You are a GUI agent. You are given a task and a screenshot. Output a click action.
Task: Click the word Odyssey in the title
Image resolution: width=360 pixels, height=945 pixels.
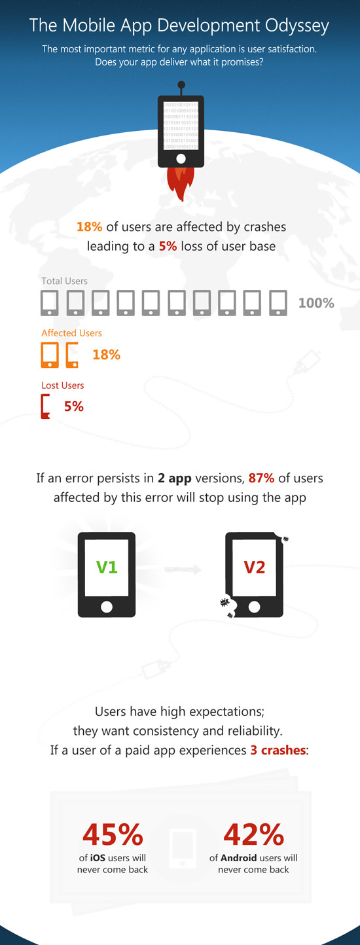297,26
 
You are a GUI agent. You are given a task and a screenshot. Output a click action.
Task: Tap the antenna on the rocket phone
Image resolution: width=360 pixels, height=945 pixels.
181,88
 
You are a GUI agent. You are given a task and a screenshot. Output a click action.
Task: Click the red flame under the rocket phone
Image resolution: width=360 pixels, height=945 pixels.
181,183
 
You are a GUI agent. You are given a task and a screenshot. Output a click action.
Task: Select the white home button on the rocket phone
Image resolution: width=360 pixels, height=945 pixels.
181,158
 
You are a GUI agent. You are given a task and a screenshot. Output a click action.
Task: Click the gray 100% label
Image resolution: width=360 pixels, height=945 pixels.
316,303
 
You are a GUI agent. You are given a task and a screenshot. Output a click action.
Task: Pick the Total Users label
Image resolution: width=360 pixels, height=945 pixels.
65,281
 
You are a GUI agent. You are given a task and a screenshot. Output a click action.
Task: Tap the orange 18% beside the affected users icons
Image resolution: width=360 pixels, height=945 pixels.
106,355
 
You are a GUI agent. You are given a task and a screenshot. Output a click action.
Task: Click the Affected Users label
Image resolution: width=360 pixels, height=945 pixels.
72,333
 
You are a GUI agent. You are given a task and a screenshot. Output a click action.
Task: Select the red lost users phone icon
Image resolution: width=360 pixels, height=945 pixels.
45,406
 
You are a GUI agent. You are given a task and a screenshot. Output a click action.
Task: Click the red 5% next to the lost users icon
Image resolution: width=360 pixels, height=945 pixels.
74,406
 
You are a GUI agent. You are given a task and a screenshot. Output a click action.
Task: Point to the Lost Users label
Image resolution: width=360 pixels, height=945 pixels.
62,385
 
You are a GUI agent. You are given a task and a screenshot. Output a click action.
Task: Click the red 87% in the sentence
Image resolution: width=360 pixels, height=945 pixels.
261,478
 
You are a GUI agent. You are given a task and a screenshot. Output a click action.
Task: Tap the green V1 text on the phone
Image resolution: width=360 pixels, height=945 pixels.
107,567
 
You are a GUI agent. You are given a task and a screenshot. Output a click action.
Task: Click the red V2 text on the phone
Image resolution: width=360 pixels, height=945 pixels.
254,567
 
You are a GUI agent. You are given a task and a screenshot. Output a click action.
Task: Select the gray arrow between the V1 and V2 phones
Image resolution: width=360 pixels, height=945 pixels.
183,569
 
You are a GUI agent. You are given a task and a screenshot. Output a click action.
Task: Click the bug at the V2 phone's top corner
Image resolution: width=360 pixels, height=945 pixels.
285,539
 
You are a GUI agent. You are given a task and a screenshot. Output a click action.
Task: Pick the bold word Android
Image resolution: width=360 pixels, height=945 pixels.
239,858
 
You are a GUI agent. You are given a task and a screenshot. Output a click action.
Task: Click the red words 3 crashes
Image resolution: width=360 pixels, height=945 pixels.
278,750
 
